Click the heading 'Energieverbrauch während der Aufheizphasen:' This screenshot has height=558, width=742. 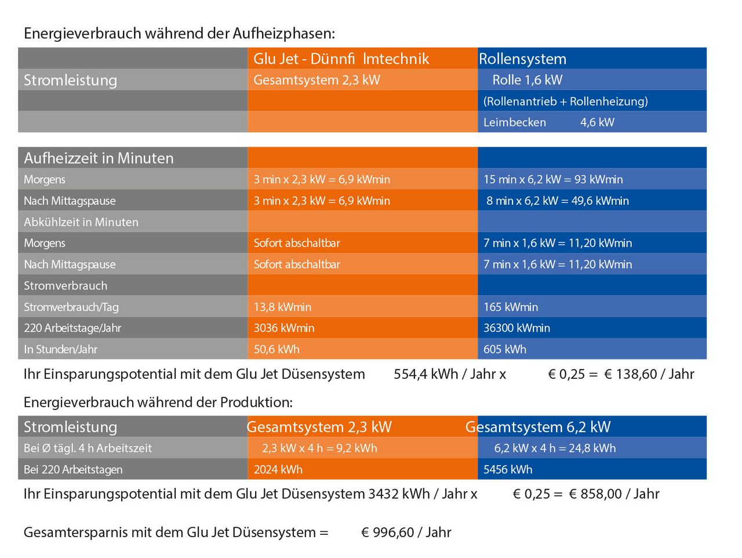pos(179,34)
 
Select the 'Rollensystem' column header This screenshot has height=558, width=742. pos(522,59)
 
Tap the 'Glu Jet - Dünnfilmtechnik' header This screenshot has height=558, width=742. pos(341,59)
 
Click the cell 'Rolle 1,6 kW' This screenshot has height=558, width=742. pos(527,80)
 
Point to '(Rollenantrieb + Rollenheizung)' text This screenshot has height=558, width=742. pos(565,102)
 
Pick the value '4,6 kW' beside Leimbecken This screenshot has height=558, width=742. pos(597,122)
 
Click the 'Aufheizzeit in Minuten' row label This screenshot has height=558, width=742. pos(99,158)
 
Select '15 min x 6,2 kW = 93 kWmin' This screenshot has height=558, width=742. pos(553,180)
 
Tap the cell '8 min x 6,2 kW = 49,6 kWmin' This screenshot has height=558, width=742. pos(558,201)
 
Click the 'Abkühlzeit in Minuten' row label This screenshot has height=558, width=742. pos(81,222)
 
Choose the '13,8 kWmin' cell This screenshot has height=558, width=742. pos(282,307)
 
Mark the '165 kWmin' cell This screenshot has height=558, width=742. pos(511,307)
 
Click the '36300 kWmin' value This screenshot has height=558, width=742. pos(517,328)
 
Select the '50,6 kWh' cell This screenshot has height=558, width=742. pos(277,349)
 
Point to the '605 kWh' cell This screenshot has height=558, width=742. pos(505,349)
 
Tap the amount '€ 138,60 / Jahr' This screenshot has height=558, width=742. pos(649,374)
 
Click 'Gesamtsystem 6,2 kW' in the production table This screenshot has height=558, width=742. pos(538,427)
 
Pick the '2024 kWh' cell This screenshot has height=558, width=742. pos(278,470)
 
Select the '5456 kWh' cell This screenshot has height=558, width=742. pos(508,470)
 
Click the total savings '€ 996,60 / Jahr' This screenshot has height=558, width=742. pos(406,532)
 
